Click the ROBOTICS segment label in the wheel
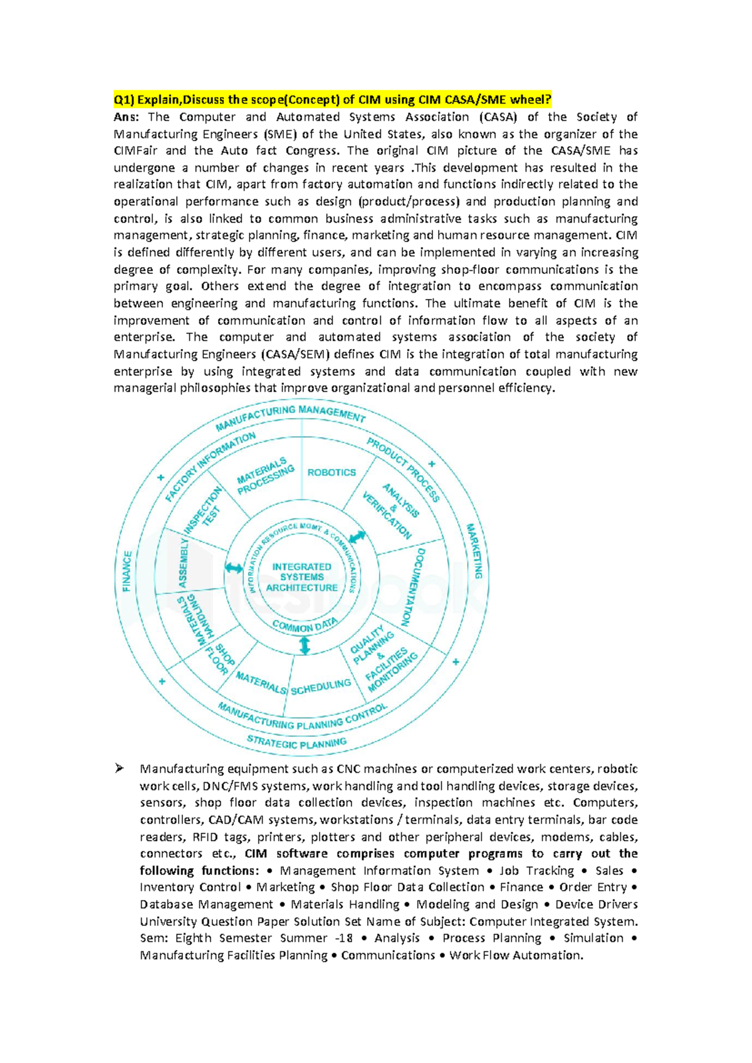tap(332, 472)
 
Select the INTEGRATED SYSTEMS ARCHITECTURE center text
tap(302, 577)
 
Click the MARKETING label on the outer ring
tap(474, 551)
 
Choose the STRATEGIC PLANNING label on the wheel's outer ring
tap(296, 743)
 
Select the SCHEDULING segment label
tap(321, 687)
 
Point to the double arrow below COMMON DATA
tap(305, 645)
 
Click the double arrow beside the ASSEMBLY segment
tap(234, 568)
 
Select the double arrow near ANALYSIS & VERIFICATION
tap(357, 537)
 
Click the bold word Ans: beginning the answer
tap(127, 117)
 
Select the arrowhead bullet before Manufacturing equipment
tap(119, 768)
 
